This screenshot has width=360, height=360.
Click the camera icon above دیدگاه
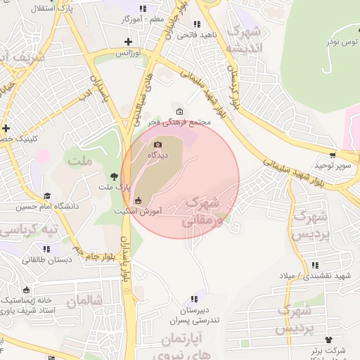coord(157,145)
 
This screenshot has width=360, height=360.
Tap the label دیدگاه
coord(157,155)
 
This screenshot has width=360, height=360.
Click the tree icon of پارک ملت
coord(115,176)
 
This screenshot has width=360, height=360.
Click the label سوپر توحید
coord(332,165)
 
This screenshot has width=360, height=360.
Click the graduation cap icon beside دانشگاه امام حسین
coord(48,196)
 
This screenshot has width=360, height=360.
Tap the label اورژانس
coord(127,53)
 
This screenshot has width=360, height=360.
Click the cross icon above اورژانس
coord(127,43)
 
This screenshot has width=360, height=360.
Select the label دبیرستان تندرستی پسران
coord(194,315)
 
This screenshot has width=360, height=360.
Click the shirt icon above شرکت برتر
coord(328,340)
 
